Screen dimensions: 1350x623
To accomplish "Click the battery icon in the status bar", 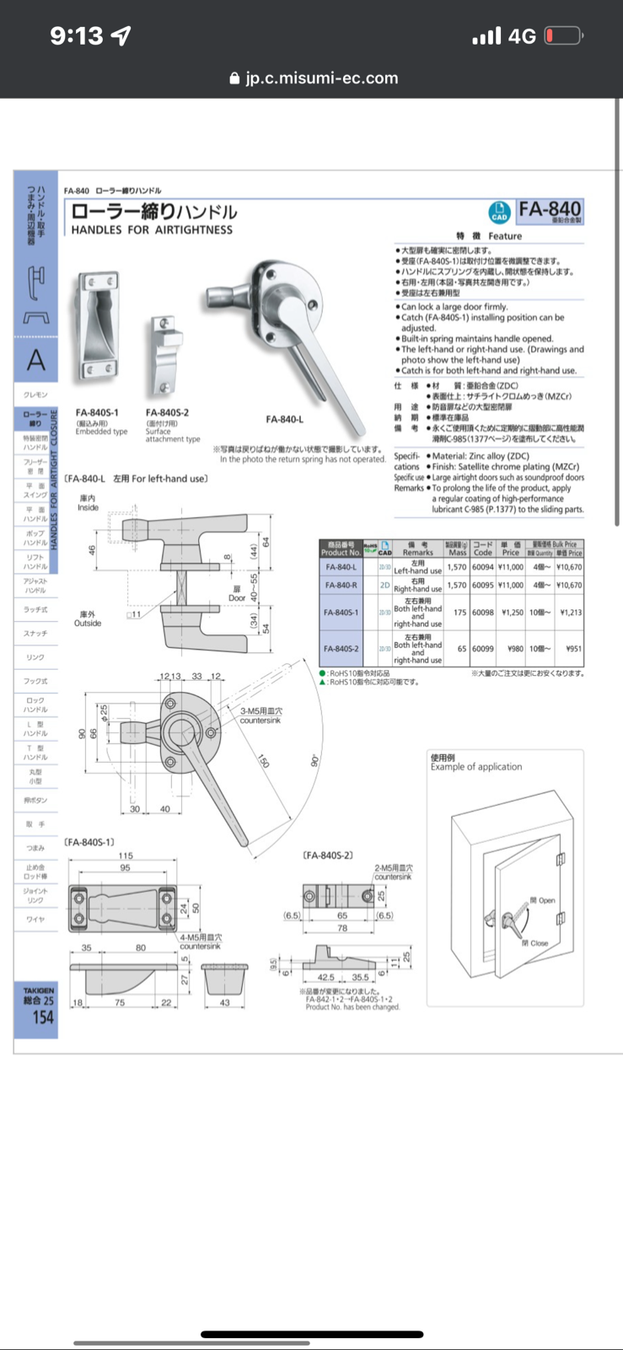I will click(563, 35).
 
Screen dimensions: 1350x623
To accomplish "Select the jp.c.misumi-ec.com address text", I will click(321, 78).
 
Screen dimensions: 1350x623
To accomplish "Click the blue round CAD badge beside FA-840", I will click(499, 213).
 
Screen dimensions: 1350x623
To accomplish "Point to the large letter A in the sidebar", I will click(36, 360).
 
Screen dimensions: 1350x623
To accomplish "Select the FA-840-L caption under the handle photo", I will click(284, 419).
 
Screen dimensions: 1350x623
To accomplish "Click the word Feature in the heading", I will click(504, 236).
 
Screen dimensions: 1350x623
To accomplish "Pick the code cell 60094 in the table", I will click(482, 568).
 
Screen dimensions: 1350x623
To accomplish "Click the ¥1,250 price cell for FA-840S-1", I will click(511, 613).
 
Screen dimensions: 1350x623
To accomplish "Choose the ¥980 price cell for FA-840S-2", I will click(511, 649).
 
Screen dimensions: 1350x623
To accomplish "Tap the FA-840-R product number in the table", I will click(341, 585).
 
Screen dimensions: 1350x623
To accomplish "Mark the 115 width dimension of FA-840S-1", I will click(126, 856).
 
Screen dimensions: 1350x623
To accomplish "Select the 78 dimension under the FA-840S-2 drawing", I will click(342, 928).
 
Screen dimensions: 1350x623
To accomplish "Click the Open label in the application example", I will click(546, 900).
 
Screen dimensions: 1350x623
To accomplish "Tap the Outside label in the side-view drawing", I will click(88, 624).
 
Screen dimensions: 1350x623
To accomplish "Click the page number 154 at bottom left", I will click(42, 1018).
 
